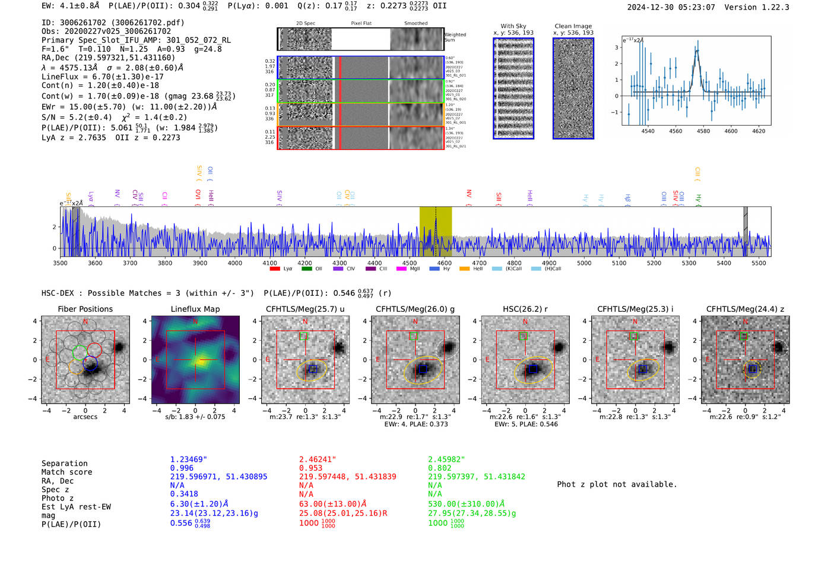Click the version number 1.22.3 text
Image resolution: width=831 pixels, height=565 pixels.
pos(770,7)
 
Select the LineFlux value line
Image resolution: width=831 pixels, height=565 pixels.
pos(102,76)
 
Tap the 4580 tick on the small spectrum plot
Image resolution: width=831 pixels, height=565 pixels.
pos(703,131)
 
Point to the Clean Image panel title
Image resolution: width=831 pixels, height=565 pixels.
pos(573,26)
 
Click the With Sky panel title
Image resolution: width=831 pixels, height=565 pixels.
pos(513,26)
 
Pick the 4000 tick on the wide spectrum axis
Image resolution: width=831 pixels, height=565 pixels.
pos(234,263)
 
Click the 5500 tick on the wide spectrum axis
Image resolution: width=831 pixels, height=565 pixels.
pos(759,263)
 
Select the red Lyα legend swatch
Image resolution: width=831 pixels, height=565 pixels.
pos(275,269)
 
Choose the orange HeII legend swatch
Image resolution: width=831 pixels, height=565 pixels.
pos(464,269)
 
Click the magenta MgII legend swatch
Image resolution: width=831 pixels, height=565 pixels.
pos(401,269)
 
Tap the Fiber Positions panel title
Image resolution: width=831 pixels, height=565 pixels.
pos(85,309)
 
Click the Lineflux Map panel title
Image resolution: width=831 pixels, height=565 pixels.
pos(195,309)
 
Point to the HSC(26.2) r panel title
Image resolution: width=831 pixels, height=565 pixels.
pos(525,309)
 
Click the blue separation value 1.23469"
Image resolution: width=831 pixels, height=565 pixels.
pos(188,459)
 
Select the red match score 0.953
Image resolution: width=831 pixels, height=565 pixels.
pos(311,468)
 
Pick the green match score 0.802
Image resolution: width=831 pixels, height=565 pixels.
pos(440,468)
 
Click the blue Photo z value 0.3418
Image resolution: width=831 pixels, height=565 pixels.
pos(184,494)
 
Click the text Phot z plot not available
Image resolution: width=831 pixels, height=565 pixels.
pos(617,484)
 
